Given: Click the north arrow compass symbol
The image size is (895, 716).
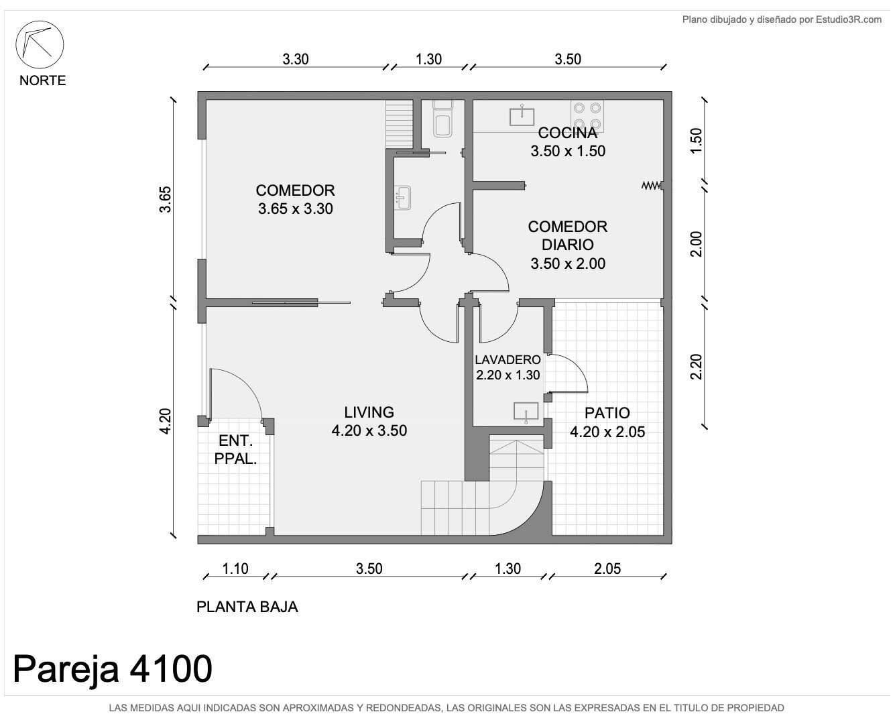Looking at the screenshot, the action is pyautogui.click(x=40, y=44).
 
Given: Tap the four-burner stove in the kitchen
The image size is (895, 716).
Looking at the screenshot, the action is pyautogui.click(x=587, y=116).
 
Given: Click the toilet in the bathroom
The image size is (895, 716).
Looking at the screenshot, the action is pyautogui.click(x=442, y=119).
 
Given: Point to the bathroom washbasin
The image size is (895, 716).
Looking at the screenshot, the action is pyautogui.click(x=403, y=198).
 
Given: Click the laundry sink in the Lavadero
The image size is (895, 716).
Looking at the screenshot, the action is pyautogui.click(x=526, y=412).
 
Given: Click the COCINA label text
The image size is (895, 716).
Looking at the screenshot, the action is pyautogui.click(x=568, y=133).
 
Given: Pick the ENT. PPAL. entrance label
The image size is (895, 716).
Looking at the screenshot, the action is pyautogui.click(x=235, y=450).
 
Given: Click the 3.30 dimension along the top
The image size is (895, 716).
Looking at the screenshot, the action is pyautogui.click(x=296, y=59).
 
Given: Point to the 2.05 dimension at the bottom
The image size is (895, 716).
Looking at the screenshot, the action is pyautogui.click(x=607, y=569).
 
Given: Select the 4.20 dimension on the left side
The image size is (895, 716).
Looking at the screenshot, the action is pyautogui.click(x=165, y=422).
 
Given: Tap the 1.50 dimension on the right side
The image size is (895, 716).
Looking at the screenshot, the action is pyautogui.click(x=696, y=141).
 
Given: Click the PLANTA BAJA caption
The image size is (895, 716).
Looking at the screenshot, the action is pyautogui.click(x=247, y=607).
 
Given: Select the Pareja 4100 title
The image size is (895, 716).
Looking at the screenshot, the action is pyautogui.click(x=112, y=669).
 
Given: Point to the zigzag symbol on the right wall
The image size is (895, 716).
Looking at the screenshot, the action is pyautogui.click(x=651, y=185).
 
